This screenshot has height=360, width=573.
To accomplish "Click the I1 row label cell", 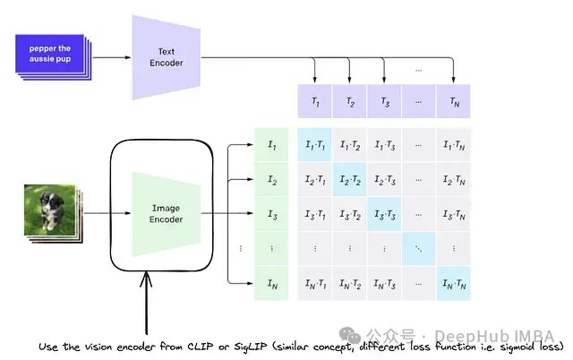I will pos(272,145).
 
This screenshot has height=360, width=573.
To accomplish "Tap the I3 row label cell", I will pos(272,215).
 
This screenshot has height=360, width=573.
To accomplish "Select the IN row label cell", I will pos(272,285).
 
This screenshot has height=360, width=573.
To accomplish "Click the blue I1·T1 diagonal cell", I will pos(315,145).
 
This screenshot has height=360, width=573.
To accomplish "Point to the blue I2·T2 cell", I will pos(350,180).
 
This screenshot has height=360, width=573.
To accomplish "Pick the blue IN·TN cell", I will pos(453,285).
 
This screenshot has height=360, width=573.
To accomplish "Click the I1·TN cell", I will pos(453,145).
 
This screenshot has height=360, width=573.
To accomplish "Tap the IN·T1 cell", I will pos(315,285).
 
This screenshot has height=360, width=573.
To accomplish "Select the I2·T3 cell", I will pos(384,180).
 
